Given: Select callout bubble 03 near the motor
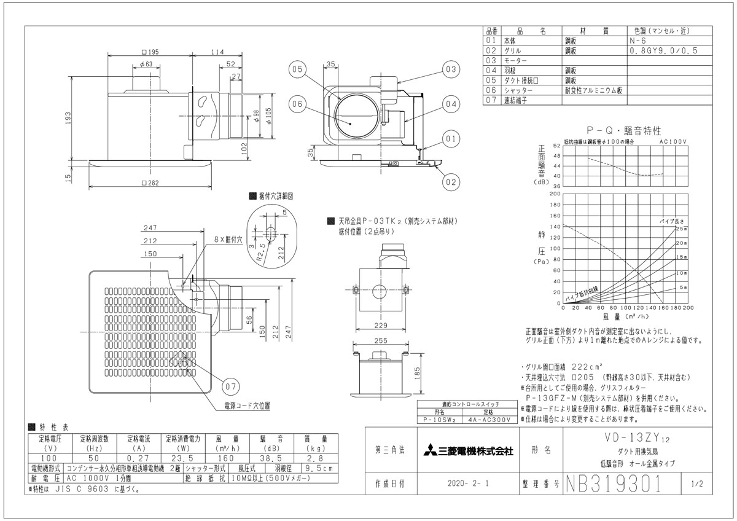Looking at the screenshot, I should tap(451, 69).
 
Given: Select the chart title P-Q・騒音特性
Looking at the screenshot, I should tap(623, 131).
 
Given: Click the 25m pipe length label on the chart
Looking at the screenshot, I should tap(681, 229).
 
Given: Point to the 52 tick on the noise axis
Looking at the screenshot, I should tap(556, 146).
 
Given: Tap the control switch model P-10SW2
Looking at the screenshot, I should tap(439, 420).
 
